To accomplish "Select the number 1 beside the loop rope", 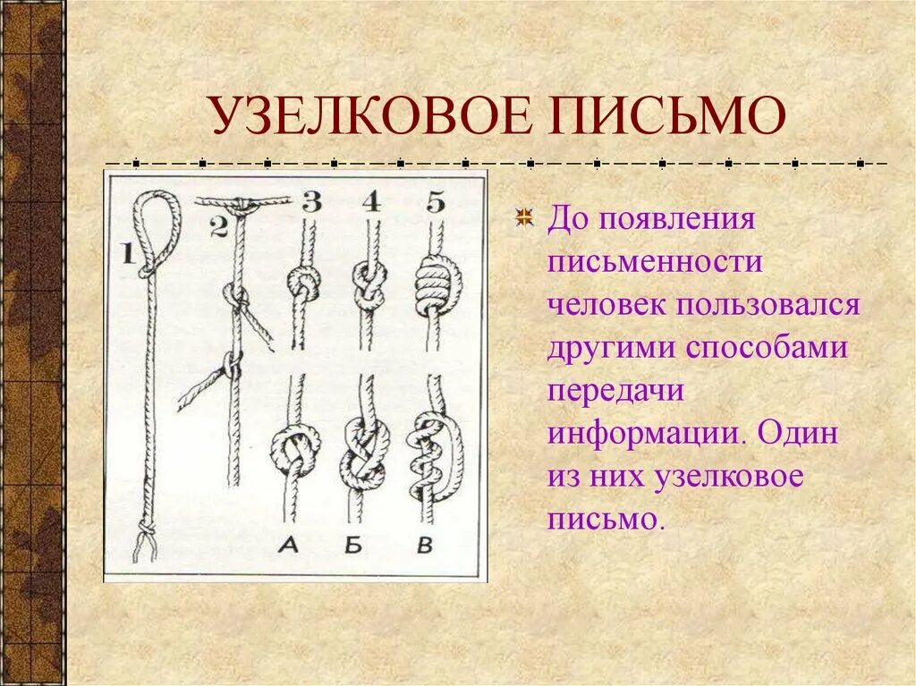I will pyautogui.click(x=127, y=254).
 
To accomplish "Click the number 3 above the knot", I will pyautogui.click(x=310, y=202).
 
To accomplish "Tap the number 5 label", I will pyautogui.click(x=435, y=202).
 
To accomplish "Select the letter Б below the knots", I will pyautogui.click(x=353, y=546).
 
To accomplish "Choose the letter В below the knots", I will pyautogui.click(x=426, y=546).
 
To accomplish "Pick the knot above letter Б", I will pyautogui.click(x=361, y=452).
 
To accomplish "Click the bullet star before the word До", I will pyautogui.click(x=525, y=219).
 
